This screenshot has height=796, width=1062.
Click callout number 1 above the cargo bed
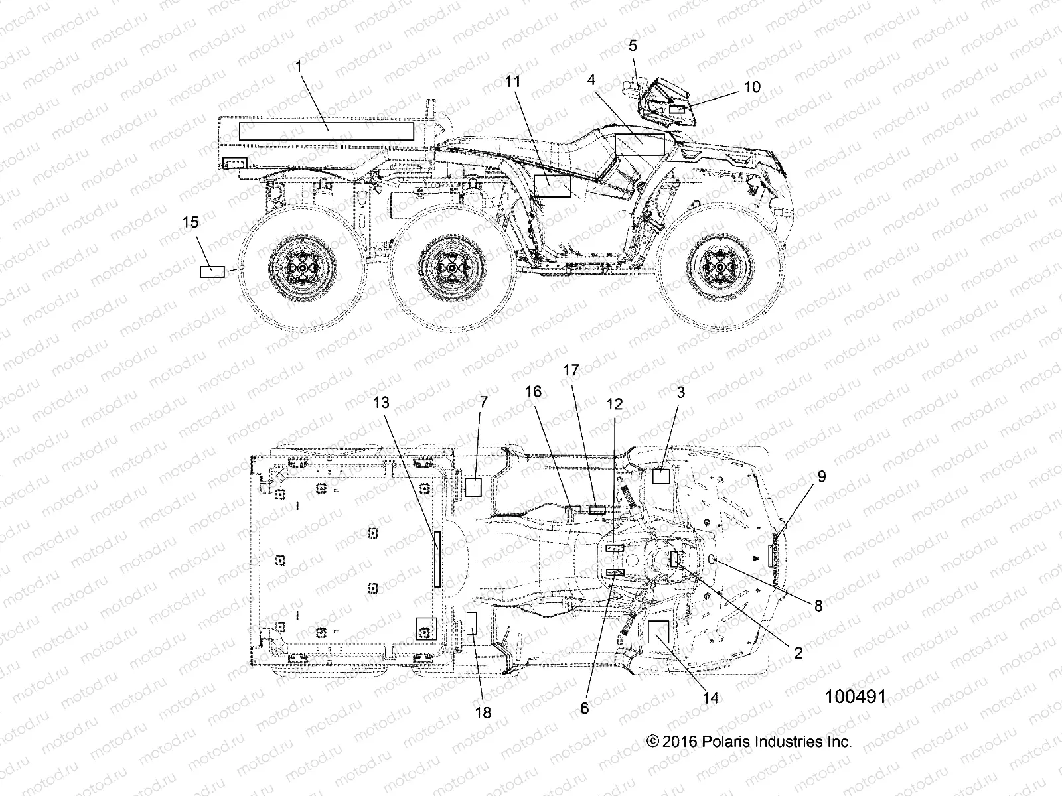point(298,66)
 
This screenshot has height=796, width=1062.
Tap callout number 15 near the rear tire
point(190,222)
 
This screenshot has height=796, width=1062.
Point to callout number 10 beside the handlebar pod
point(752,87)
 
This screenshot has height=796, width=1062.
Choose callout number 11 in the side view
point(512,82)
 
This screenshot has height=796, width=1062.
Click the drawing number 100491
point(856,696)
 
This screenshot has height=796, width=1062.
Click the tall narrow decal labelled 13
point(437,559)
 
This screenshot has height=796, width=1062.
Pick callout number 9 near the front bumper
point(822,476)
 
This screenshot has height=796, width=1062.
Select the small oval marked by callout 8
point(713,560)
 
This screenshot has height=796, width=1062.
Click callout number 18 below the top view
point(483,712)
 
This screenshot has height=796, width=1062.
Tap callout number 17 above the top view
point(571,370)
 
